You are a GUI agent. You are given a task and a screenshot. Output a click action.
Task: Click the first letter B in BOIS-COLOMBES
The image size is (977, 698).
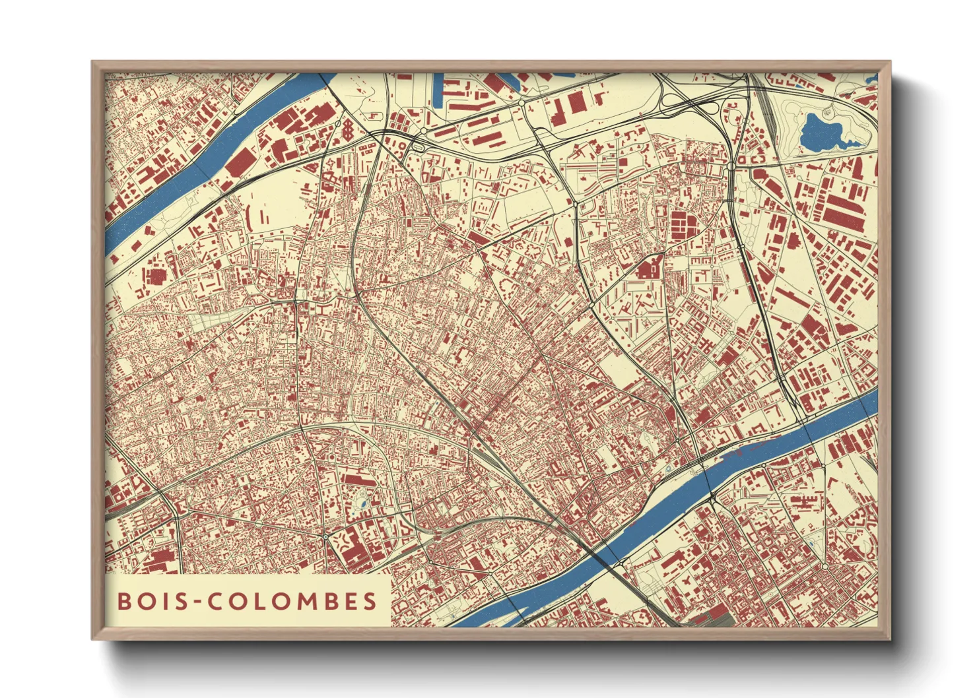pyautogui.click(x=123, y=601)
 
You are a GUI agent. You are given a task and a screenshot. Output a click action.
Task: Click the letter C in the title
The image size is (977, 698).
pyautogui.click(x=213, y=601)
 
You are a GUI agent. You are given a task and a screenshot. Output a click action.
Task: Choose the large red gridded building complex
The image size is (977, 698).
pyautogui.click(x=687, y=224)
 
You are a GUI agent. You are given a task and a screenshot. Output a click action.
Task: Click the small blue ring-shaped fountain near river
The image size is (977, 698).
pyautogui.click(x=668, y=469)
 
